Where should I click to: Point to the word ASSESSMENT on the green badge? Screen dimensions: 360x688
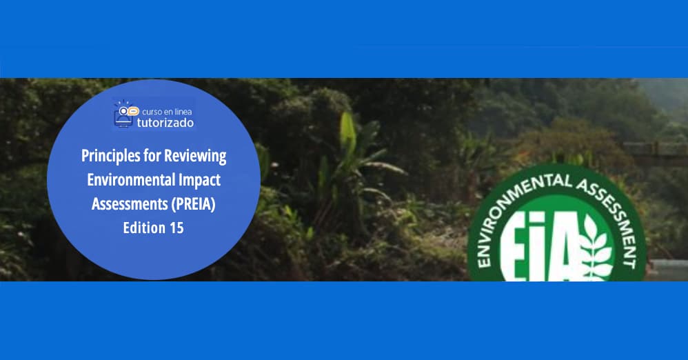pos(607,200)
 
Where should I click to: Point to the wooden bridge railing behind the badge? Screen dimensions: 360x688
pos(655,149)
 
